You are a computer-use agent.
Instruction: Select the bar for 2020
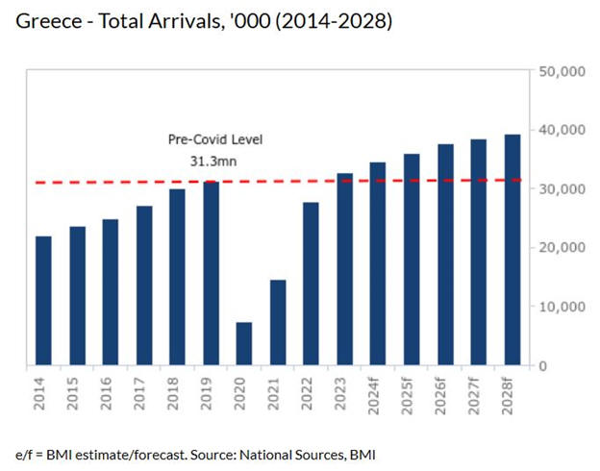point(244,344)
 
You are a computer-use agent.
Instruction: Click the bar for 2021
point(278,323)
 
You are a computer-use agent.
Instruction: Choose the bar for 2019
point(211,273)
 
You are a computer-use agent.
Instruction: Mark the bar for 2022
point(311,284)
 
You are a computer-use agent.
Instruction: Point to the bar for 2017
point(144,285)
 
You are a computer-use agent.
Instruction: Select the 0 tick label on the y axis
point(543,366)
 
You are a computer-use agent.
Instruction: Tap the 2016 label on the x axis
point(111,394)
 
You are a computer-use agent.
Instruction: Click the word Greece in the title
point(47,21)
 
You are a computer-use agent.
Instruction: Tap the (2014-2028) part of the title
point(332,21)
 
